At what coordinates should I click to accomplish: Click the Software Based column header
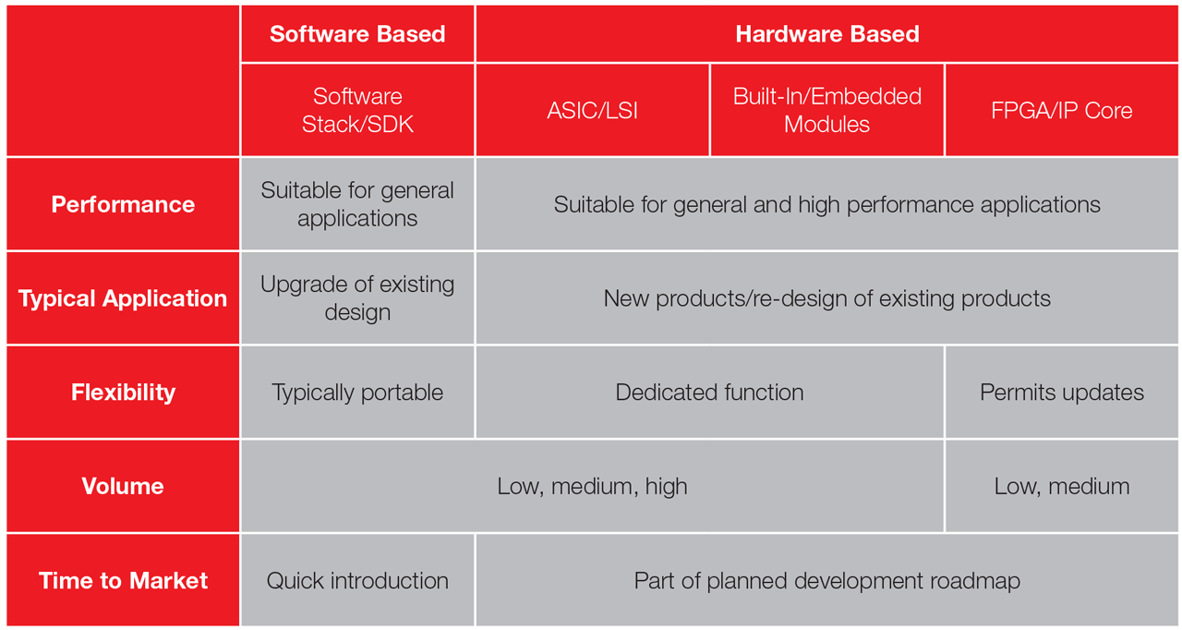click(x=357, y=34)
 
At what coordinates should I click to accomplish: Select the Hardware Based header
click(x=826, y=34)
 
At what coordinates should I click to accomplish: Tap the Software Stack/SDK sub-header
click(x=357, y=110)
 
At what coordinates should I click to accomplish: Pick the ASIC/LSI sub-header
click(x=592, y=110)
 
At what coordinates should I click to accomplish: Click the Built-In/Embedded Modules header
click(x=826, y=110)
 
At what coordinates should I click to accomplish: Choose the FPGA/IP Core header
click(x=1061, y=110)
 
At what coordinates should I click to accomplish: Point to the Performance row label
click(x=123, y=204)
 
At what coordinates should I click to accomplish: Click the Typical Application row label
click(x=123, y=298)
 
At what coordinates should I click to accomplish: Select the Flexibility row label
click(x=123, y=392)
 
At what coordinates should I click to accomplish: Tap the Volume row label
click(x=123, y=486)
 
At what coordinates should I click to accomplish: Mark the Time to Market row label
click(x=123, y=580)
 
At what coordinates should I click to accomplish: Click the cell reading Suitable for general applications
click(x=357, y=204)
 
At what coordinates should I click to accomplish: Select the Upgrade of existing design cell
click(x=357, y=298)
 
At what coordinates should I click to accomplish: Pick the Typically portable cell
click(x=357, y=392)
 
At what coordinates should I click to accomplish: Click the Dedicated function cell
click(x=709, y=392)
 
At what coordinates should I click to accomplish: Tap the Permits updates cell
click(x=1061, y=392)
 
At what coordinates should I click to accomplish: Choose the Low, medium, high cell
click(x=592, y=486)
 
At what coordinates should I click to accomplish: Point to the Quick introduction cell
click(x=357, y=580)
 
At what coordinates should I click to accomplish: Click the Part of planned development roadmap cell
click(x=826, y=580)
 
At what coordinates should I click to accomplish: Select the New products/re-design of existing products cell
click(x=826, y=298)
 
